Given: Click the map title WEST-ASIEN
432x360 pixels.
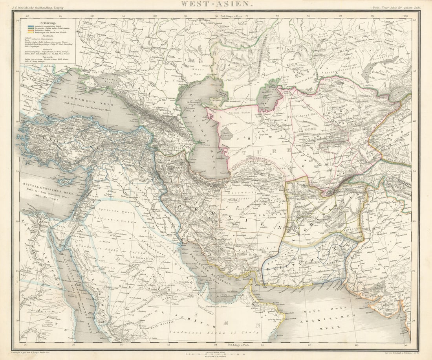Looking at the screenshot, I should [x=216, y=4].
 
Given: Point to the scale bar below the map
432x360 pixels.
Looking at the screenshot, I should [x=216, y=353].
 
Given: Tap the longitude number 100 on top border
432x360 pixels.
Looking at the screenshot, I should [x=406, y=16].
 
